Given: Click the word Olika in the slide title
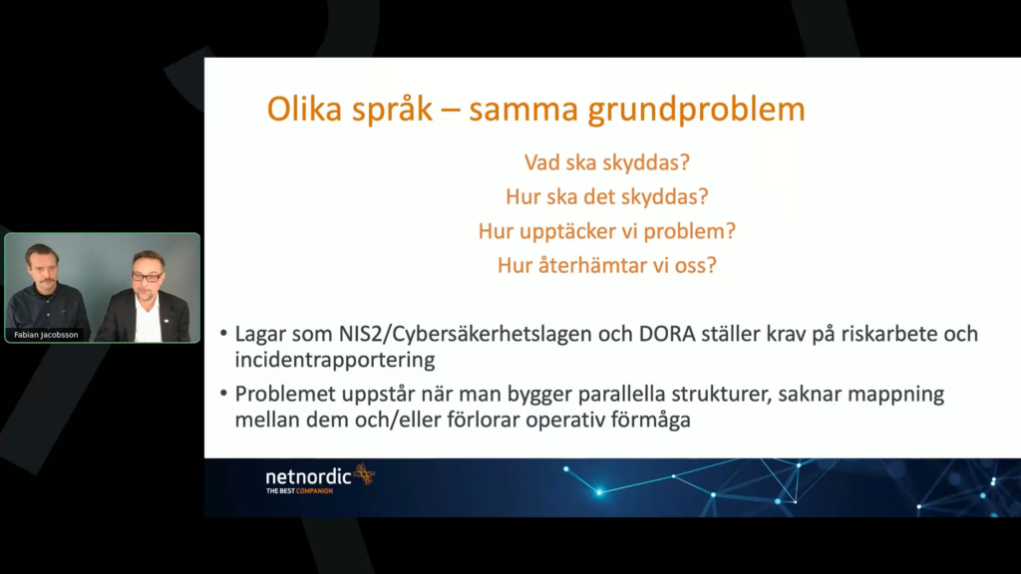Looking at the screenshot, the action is coord(304,110).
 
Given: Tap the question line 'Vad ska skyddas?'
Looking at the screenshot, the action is coord(607,162).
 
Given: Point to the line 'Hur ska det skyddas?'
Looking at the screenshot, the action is coord(607,196).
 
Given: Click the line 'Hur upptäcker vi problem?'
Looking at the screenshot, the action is coord(607,231).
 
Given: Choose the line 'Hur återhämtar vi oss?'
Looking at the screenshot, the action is coord(607,265).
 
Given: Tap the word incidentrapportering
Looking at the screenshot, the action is coord(335,360).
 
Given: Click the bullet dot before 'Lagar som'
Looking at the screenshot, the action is coord(223,334).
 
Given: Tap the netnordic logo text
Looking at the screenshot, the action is coord(309,477).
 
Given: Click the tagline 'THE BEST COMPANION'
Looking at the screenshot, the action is coord(299,491).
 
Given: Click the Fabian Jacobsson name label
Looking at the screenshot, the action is coord(46,335).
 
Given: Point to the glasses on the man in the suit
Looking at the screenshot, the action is coord(148,277).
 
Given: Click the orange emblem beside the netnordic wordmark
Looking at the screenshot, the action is coord(365,474).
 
